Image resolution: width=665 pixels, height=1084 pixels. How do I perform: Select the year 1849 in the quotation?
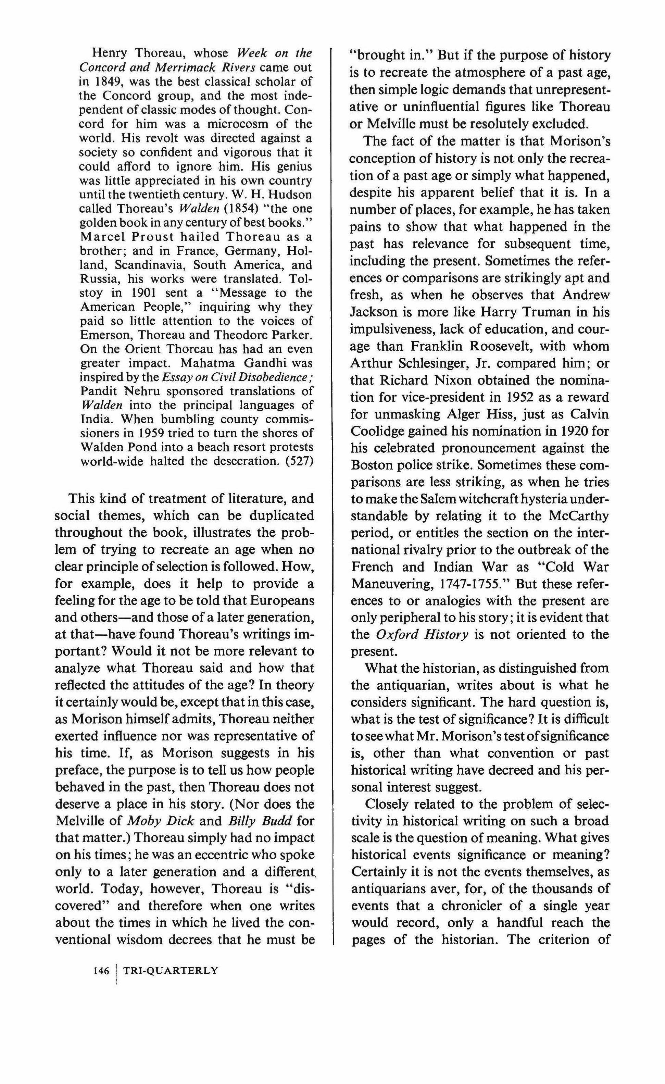(x=105, y=82)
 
